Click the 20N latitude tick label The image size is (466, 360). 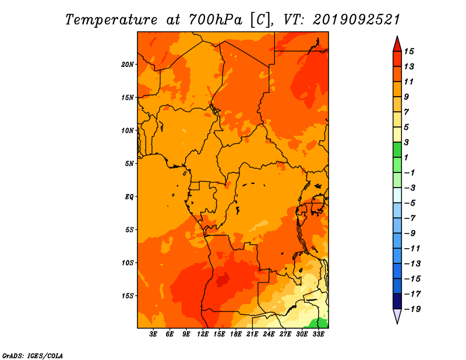(x=127, y=65)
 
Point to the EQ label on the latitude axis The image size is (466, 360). (x=129, y=197)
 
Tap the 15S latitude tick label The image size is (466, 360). (x=128, y=296)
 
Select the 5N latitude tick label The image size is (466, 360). (x=129, y=164)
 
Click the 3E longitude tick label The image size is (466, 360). (x=153, y=334)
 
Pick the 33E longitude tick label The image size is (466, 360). (x=318, y=334)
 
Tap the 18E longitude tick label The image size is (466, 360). (x=236, y=334)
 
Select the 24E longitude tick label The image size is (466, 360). (x=269, y=334)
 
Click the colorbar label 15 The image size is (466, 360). (x=409, y=51)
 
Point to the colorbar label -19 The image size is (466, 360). (x=412, y=309)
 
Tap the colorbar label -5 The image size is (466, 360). (x=410, y=203)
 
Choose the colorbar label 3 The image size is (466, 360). (x=407, y=142)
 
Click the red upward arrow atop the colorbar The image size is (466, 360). (x=397, y=44)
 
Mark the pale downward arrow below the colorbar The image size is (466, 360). (x=397, y=316)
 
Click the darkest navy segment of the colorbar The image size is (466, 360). (x=397, y=301)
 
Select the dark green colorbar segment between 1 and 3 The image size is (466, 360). (x=397, y=150)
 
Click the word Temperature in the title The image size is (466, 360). (x=111, y=20)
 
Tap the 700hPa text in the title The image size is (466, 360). (x=216, y=20)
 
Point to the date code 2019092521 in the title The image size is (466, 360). (x=356, y=20)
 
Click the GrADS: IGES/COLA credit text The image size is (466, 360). (x=33, y=356)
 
